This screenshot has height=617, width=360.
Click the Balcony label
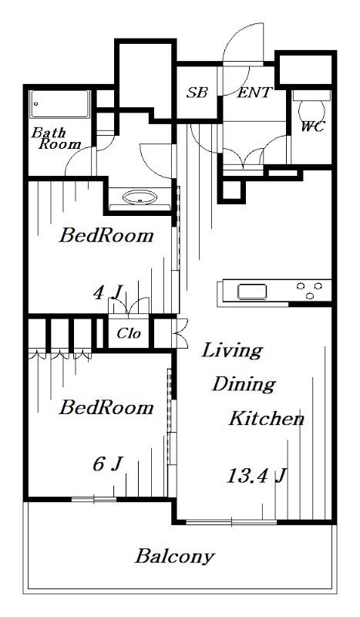click(x=175, y=556)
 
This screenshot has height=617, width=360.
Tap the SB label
click(x=197, y=93)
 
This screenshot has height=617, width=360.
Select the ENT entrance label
click(x=254, y=93)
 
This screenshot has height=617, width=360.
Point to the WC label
click(x=313, y=126)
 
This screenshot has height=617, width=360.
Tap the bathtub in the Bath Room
click(x=60, y=104)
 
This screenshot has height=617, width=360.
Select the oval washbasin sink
click(x=140, y=197)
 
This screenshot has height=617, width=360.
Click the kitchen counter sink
click(x=252, y=292)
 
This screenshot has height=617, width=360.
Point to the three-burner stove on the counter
click(x=309, y=289)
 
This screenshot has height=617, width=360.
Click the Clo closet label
click(x=129, y=334)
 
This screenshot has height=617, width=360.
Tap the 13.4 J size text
click(x=256, y=476)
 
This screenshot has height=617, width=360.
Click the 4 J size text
click(x=107, y=293)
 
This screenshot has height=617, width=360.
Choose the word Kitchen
click(x=267, y=418)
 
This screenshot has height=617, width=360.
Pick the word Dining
click(x=244, y=384)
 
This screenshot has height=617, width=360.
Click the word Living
click(x=232, y=351)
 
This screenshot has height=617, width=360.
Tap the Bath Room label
click(x=56, y=139)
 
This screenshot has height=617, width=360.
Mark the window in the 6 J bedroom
click(x=94, y=499)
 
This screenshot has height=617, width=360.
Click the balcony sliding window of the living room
click(x=231, y=523)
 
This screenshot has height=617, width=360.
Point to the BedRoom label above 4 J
click(x=106, y=236)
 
